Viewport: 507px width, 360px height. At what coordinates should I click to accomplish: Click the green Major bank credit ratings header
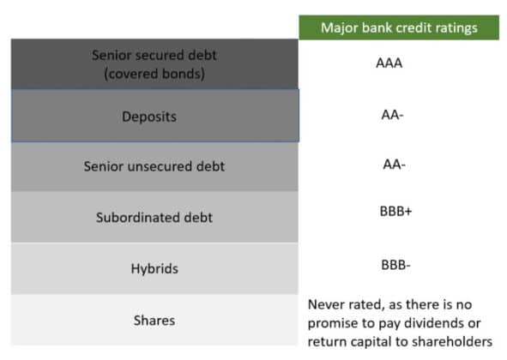point(398,27)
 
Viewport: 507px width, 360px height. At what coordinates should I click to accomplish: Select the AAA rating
point(396,63)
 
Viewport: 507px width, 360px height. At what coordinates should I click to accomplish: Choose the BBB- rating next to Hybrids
point(396,265)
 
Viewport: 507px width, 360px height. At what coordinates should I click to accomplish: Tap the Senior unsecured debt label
point(154,166)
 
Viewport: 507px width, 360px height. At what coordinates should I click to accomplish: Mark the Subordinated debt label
point(154,218)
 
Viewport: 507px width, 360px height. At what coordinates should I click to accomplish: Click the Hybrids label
point(154,269)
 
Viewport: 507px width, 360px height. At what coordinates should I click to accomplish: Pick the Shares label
point(154,321)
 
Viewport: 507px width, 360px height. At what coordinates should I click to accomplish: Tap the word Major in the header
point(341,27)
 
